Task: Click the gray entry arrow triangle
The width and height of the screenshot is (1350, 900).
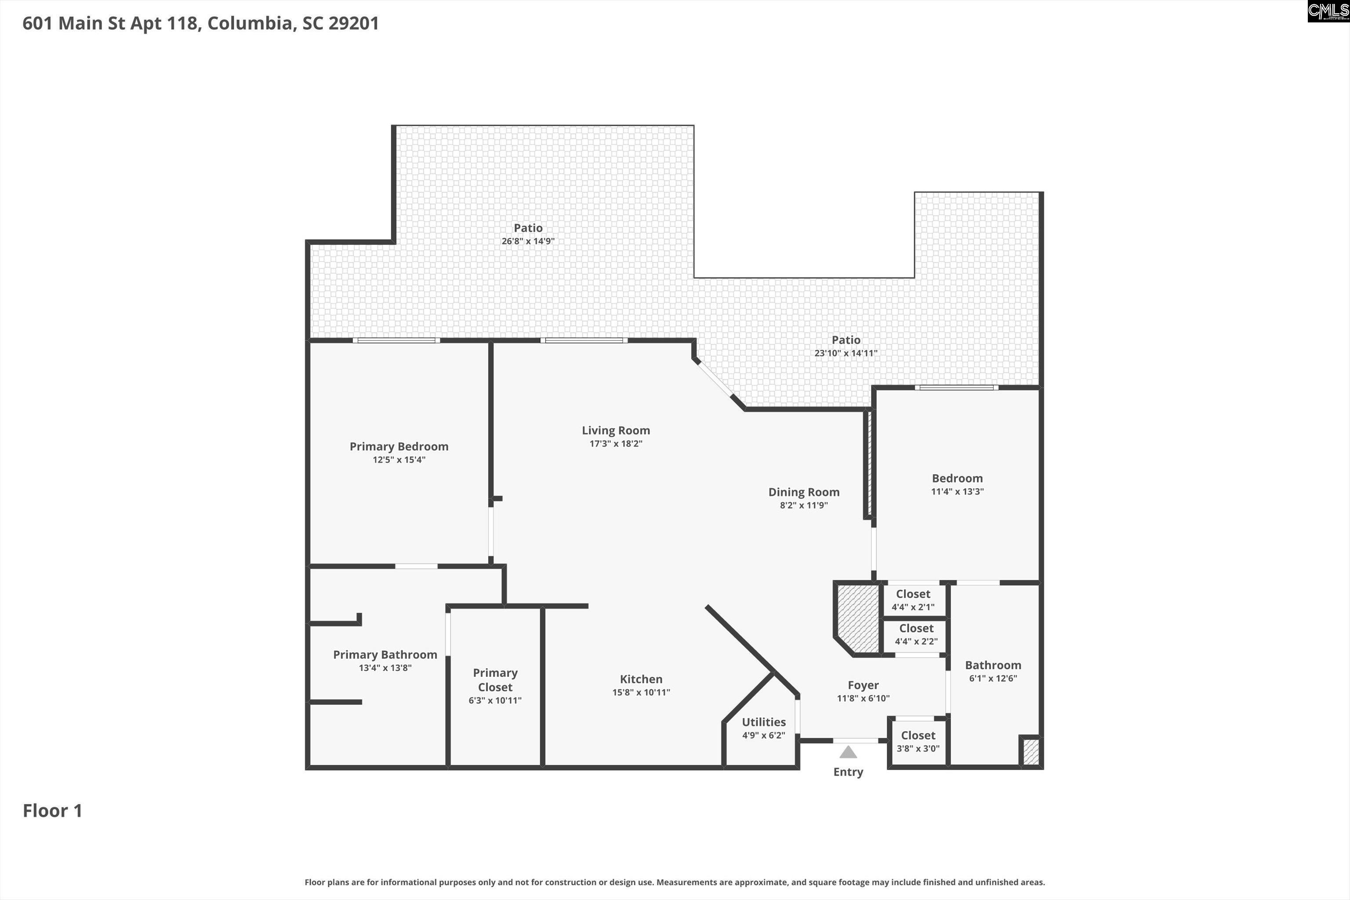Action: coord(848,752)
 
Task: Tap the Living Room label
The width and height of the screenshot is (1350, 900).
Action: coord(616,431)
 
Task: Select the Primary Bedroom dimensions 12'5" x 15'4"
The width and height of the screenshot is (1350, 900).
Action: coord(399,460)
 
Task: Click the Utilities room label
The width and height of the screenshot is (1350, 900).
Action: coord(763,722)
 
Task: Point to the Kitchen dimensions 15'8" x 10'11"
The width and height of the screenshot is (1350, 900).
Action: coord(641,692)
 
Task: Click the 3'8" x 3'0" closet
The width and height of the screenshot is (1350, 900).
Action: coord(918,742)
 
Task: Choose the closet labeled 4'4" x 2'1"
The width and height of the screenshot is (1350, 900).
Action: coord(913,600)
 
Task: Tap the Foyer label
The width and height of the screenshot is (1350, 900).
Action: coord(863,686)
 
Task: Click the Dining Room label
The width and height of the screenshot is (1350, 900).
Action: coord(804,492)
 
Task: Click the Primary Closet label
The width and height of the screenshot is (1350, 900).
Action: coord(495,679)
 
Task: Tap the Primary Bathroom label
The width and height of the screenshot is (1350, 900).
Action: coord(385,655)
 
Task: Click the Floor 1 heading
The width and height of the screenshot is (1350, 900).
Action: coord(52,810)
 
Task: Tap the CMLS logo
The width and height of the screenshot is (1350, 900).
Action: coord(1328,11)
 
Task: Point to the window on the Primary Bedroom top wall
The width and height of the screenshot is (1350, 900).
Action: coord(396,341)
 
